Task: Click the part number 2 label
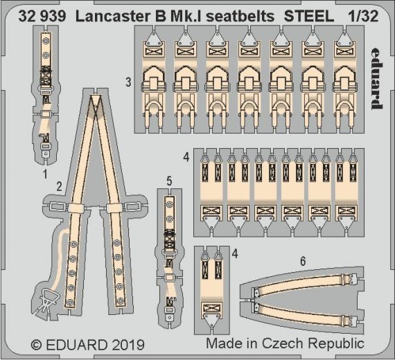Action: pyautogui.click(x=60, y=186)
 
